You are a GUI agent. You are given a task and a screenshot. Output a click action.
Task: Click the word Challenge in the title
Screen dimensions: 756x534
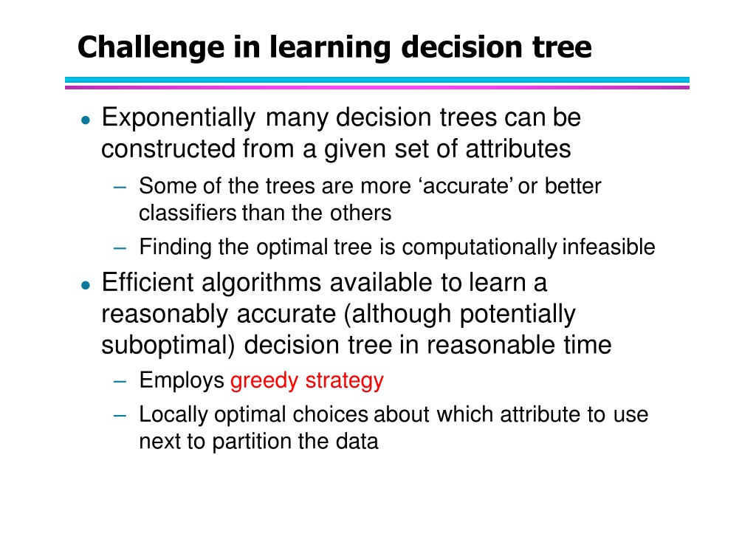click(x=151, y=48)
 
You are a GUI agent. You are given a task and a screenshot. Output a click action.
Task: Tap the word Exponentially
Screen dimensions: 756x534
click(x=179, y=118)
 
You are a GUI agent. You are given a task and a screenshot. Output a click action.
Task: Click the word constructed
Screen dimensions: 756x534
click(x=168, y=148)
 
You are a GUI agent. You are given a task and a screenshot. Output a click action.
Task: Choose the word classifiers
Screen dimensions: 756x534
click(x=188, y=213)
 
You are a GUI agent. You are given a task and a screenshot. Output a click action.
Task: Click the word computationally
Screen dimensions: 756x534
click(x=479, y=247)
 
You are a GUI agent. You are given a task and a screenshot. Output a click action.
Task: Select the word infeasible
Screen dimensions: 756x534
click(x=608, y=247)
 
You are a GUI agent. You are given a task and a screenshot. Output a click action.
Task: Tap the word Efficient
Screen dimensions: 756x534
click(x=148, y=282)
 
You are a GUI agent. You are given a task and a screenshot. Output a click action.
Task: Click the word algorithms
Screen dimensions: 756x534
click(x=261, y=284)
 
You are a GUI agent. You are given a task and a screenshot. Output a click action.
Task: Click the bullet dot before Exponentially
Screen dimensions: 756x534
click(x=86, y=120)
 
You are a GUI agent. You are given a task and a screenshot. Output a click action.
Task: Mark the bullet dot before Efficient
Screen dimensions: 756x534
click(x=86, y=286)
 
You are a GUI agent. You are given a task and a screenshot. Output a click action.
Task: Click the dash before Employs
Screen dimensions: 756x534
click(x=120, y=382)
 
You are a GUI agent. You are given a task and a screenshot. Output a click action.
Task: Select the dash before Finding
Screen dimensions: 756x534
click(x=120, y=248)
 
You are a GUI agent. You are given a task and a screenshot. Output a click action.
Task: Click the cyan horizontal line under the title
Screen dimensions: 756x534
click(x=377, y=80)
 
